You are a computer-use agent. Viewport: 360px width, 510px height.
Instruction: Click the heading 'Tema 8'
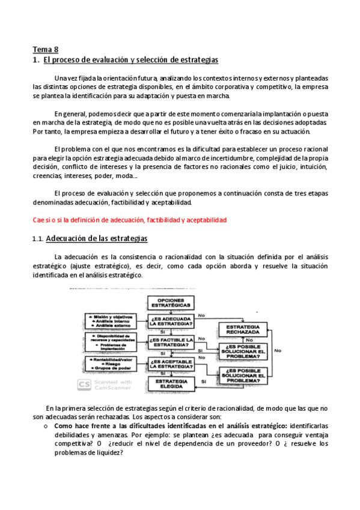tap(45, 50)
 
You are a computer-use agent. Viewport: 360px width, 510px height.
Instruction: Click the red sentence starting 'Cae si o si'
tap(129, 221)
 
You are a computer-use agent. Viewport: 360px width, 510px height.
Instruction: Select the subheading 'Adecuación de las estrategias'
tap(96, 239)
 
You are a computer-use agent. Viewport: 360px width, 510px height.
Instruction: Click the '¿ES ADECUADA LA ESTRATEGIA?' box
tap(171, 322)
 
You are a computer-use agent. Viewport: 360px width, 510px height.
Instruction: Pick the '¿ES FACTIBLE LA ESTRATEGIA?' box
tap(171, 343)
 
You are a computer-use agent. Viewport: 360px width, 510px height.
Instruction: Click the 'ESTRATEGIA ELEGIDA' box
tap(171, 384)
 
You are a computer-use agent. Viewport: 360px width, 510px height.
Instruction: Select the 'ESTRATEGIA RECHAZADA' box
tap(242, 329)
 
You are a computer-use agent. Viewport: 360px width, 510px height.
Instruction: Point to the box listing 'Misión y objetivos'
tap(111, 321)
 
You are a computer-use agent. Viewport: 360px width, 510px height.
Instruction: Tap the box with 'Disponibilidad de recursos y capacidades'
tap(111, 343)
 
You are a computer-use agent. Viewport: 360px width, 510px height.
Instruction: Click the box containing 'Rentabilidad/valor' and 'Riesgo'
tap(111, 363)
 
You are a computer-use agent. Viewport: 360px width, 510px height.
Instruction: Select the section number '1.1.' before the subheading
tap(37, 239)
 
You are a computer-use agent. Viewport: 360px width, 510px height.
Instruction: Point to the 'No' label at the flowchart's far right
tap(278, 349)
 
